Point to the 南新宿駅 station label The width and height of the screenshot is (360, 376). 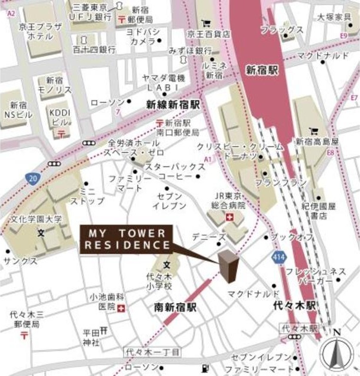175,307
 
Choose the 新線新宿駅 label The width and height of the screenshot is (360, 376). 173,104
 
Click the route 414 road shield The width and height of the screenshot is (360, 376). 279,257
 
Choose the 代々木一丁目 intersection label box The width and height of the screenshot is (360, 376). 151,351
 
